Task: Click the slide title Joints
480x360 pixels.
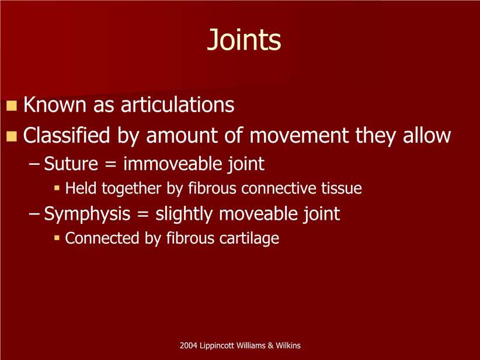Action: point(244,40)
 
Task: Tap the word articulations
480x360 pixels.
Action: point(178,105)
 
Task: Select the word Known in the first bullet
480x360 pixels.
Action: point(55,105)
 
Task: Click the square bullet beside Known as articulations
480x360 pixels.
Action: point(12,105)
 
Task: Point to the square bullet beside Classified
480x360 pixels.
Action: point(12,136)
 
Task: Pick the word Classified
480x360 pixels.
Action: point(67,135)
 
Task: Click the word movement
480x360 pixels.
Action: point(299,136)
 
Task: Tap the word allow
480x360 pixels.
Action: point(427,135)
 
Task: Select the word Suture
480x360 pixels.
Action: point(71,164)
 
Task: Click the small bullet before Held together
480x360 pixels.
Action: point(57,188)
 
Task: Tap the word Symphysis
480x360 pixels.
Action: point(87,214)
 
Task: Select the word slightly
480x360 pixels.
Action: point(184,214)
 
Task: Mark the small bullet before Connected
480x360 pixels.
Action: point(57,238)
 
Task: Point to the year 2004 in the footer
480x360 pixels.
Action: point(188,345)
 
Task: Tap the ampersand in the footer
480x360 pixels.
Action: point(270,345)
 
